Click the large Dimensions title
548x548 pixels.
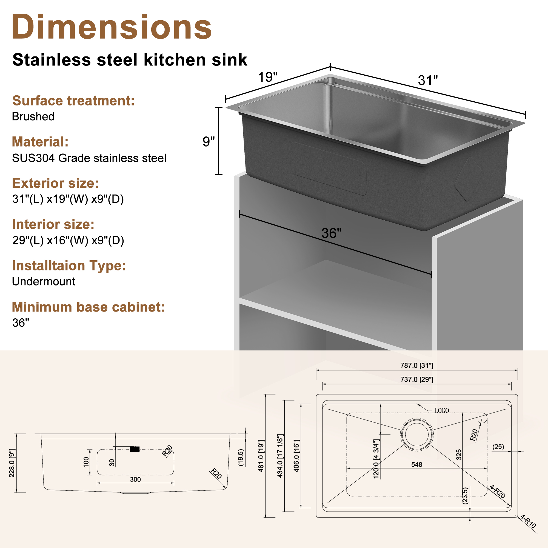(x=112, y=27)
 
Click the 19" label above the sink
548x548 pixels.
(x=267, y=77)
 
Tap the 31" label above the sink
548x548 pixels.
(x=428, y=80)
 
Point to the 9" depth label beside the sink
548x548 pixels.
(x=209, y=142)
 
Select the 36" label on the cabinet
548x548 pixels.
(x=331, y=233)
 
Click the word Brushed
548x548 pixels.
(x=33, y=116)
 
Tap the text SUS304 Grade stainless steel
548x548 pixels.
(x=89, y=158)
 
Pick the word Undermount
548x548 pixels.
(x=43, y=281)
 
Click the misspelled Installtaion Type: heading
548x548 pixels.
(x=69, y=266)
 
